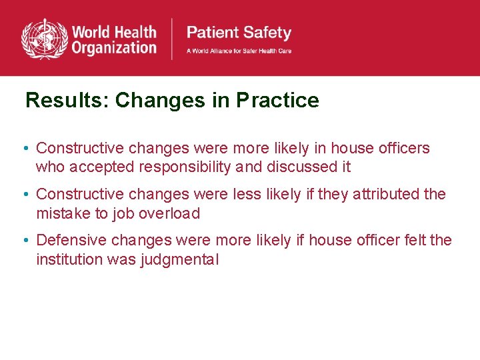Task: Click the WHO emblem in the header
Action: [44, 39]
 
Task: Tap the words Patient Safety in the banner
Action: [239, 33]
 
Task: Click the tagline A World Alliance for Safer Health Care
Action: [239, 51]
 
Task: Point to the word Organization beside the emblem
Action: [114, 47]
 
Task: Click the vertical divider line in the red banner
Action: [173, 39]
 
